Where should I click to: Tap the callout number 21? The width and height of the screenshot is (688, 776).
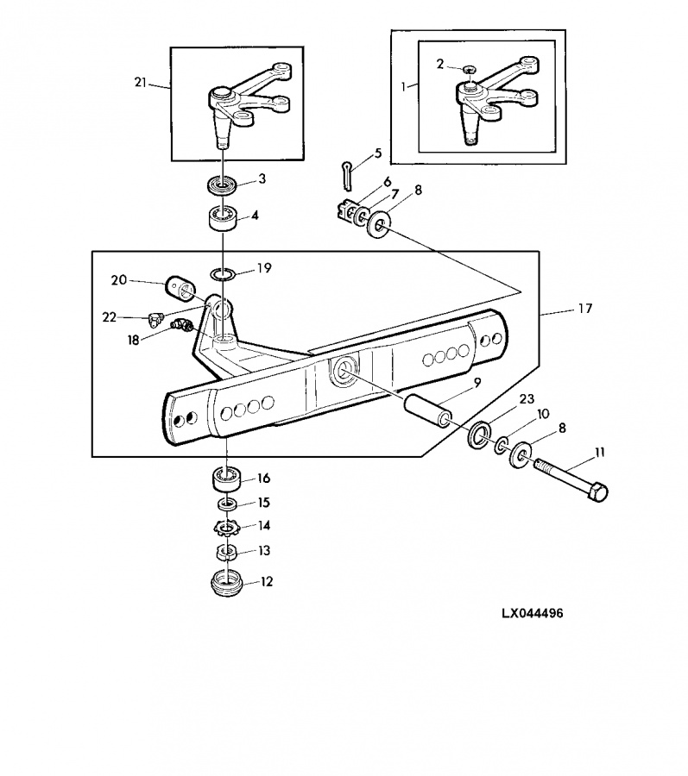[142, 83]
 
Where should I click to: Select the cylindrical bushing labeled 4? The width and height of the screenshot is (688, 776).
[223, 219]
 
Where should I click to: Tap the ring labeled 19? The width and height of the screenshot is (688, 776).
[224, 274]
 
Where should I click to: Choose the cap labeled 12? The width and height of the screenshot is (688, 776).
[226, 583]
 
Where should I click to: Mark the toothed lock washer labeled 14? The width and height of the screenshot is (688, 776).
[226, 527]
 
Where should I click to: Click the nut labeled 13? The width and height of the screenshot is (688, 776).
[226, 551]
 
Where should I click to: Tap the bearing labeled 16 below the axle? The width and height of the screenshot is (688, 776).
[226, 477]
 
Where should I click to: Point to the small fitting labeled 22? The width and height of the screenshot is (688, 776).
[154, 319]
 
